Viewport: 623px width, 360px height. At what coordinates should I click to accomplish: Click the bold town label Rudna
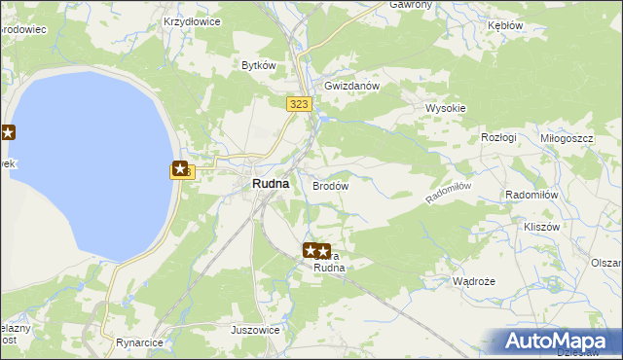(x=270, y=183)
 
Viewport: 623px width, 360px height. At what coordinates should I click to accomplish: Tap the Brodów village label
(x=330, y=185)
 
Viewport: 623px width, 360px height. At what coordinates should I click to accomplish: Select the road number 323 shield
(x=299, y=102)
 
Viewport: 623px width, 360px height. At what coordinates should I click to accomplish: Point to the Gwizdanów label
(x=351, y=85)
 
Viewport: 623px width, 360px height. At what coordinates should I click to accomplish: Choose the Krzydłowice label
(x=192, y=20)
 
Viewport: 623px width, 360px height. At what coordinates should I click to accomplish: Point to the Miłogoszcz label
(x=567, y=139)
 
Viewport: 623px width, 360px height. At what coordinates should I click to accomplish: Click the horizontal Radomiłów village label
(x=531, y=195)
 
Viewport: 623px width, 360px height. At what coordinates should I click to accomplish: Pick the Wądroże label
(x=474, y=281)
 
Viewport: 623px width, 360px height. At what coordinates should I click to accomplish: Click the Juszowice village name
(x=255, y=330)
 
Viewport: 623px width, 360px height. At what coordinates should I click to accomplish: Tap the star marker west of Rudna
(x=181, y=169)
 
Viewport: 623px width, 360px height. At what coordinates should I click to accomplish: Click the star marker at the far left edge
(x=7, y=133)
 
